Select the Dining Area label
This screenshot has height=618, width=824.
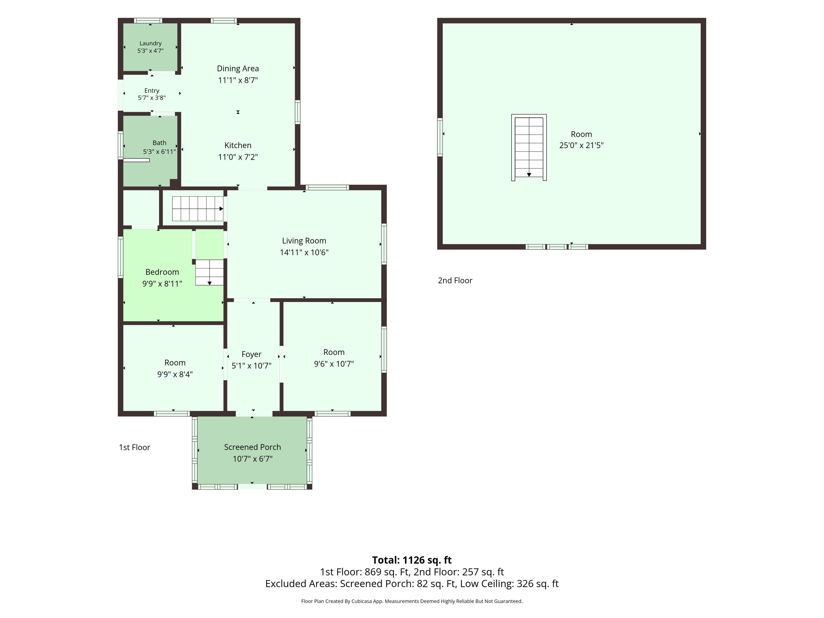pos(238,68)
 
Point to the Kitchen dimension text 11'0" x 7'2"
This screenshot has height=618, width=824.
pos(238,157)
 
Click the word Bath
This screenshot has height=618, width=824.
pos(159,143)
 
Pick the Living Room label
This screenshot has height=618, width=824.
pos(304,241)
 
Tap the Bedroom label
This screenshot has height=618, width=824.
pos(162,272)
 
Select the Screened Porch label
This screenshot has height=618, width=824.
pos(253,447)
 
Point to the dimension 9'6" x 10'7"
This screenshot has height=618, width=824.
pos(334,364)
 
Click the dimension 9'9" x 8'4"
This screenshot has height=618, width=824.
pos(175,374)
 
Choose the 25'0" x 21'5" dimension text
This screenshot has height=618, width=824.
pos(581,145)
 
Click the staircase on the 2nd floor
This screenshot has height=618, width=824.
pos(529,147)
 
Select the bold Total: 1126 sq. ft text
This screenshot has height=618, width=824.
pos(412,560)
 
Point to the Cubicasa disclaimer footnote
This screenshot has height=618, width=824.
pos(412,601)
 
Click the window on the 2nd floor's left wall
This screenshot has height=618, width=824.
pos(440,137)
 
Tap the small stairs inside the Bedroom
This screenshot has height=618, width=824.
pos(209,272)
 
